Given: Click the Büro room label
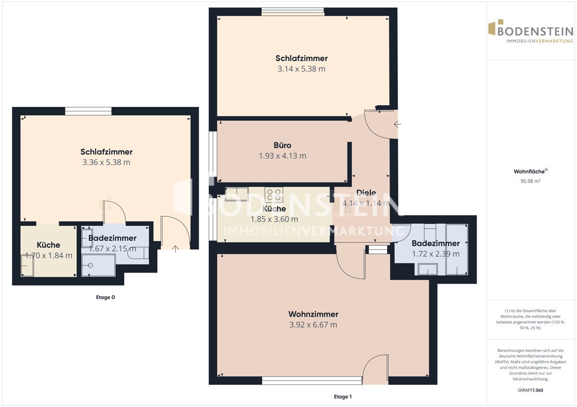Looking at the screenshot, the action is pos(282,145).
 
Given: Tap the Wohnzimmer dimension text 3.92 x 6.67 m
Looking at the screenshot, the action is pos(313,325).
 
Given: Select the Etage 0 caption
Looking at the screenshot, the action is pos(105,297).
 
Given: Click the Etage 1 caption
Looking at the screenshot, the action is pos(342,396).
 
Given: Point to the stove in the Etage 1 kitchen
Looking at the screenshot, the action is pos(274,194).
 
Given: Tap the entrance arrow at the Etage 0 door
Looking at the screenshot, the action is pos(176,249).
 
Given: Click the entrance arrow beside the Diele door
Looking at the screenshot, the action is pos(398,124).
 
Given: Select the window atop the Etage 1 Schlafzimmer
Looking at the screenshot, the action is pos(293,12).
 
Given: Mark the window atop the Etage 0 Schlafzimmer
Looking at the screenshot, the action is pos(88,111).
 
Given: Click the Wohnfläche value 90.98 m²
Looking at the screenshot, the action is pos(530,181).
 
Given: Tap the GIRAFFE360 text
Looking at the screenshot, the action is pos(530,390).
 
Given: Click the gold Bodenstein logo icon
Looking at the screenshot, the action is pos(494,27).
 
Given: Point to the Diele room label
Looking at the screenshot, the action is pos(366,192).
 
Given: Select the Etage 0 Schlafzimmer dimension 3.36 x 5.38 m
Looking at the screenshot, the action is pos(106,162).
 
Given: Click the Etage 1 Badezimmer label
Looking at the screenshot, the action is pos(436,243).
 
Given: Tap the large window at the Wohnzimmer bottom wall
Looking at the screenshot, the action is pos(312,381).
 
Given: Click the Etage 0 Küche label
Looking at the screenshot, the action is pos(49,245).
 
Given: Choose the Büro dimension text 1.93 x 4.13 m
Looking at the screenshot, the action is pos(282,156).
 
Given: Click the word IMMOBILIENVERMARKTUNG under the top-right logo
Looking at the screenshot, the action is pos(540,41).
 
